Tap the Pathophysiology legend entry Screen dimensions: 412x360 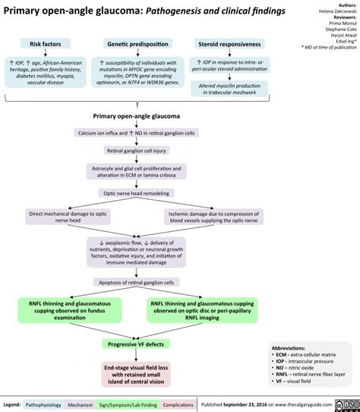[45, 402]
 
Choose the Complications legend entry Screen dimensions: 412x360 [182, 402]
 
